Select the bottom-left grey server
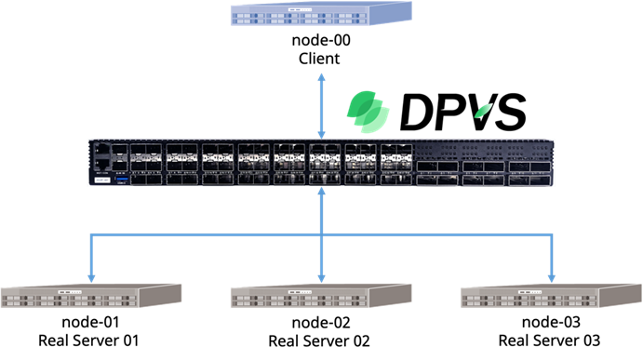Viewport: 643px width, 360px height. (x=91, y=296)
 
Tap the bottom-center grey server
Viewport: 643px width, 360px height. (x=321, y=296)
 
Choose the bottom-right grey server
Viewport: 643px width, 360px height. (x=551, y=296)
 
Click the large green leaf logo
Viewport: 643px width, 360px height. (x=368, y=110)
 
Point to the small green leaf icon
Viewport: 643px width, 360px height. (x=483, y=111)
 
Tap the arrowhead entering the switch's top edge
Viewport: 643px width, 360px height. (x=321, y=133)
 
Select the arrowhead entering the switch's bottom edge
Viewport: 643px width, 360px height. (x=321, y=192)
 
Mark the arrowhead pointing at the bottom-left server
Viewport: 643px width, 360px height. (x=91, y=276)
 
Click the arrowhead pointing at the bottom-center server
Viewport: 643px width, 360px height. (x=321, y=276)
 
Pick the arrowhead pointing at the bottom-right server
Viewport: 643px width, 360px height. (x=551, y=276)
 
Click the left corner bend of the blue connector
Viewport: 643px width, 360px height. (x=91, y=234)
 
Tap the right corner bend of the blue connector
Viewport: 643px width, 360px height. (x=551, y=234)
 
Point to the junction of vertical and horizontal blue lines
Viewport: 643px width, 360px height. (x=321, y=234)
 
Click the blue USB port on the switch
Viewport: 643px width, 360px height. (x=119, y=181)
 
